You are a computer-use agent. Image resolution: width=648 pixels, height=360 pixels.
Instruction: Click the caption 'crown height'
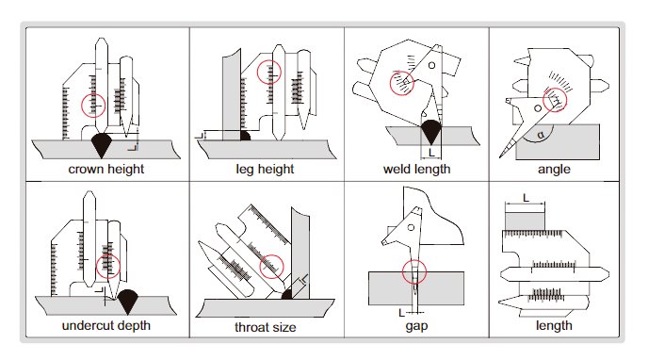pos(106,170)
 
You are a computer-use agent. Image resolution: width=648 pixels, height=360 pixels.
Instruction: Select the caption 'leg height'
pos(265,170)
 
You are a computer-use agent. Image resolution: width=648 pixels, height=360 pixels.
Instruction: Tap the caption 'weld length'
pos(416,170)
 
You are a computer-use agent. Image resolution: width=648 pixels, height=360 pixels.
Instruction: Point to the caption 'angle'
pos(554,170)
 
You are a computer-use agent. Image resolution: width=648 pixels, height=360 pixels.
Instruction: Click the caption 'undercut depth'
pos(106,326)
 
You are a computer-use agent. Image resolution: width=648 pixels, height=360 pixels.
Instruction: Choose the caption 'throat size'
pos(266,327)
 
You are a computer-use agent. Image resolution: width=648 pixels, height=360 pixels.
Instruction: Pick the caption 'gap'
pos(416,326)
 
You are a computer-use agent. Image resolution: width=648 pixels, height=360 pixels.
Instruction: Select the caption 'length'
pos(554,326)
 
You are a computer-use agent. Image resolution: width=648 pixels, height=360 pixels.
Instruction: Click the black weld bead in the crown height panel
pos(102,143)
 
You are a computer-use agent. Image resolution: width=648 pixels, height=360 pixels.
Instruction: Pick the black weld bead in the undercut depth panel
pos(128,300)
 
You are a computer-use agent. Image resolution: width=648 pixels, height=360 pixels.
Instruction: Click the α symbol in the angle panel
pos(541,135)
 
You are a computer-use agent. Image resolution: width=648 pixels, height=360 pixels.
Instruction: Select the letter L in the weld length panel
pos(431,153)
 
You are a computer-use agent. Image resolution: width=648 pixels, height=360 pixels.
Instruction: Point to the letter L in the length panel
pos(526,198)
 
